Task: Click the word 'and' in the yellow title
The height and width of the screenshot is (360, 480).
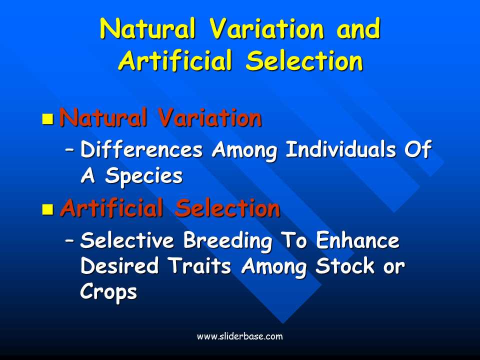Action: (358, 28)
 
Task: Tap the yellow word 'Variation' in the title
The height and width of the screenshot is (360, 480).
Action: (266, 28)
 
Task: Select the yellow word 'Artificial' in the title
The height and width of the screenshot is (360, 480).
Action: (175, 60)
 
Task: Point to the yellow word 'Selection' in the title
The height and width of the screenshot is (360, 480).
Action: (304, 60)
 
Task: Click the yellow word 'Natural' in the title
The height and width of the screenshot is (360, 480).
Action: (147, 28)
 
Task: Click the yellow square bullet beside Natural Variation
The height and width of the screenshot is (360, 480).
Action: (48, 119)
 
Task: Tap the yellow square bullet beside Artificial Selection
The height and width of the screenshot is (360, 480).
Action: (48, 209)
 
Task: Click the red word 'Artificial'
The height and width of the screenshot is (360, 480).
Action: (111, 208)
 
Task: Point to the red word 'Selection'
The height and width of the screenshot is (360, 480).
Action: (227, 208)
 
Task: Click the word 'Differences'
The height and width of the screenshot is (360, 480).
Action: (141, 149)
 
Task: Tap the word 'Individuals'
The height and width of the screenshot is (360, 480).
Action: (341, 149)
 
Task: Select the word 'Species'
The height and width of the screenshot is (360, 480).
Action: (144, 176)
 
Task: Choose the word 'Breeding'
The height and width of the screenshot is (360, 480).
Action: (228, 241)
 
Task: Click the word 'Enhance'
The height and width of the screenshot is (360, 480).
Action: (357, 240)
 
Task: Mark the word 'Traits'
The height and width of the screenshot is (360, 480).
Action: (199, 265)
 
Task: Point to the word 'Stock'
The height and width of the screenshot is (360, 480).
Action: (345, 265)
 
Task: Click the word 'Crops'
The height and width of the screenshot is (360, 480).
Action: (108, 292)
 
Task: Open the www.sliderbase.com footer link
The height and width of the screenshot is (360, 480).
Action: (240, 336)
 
